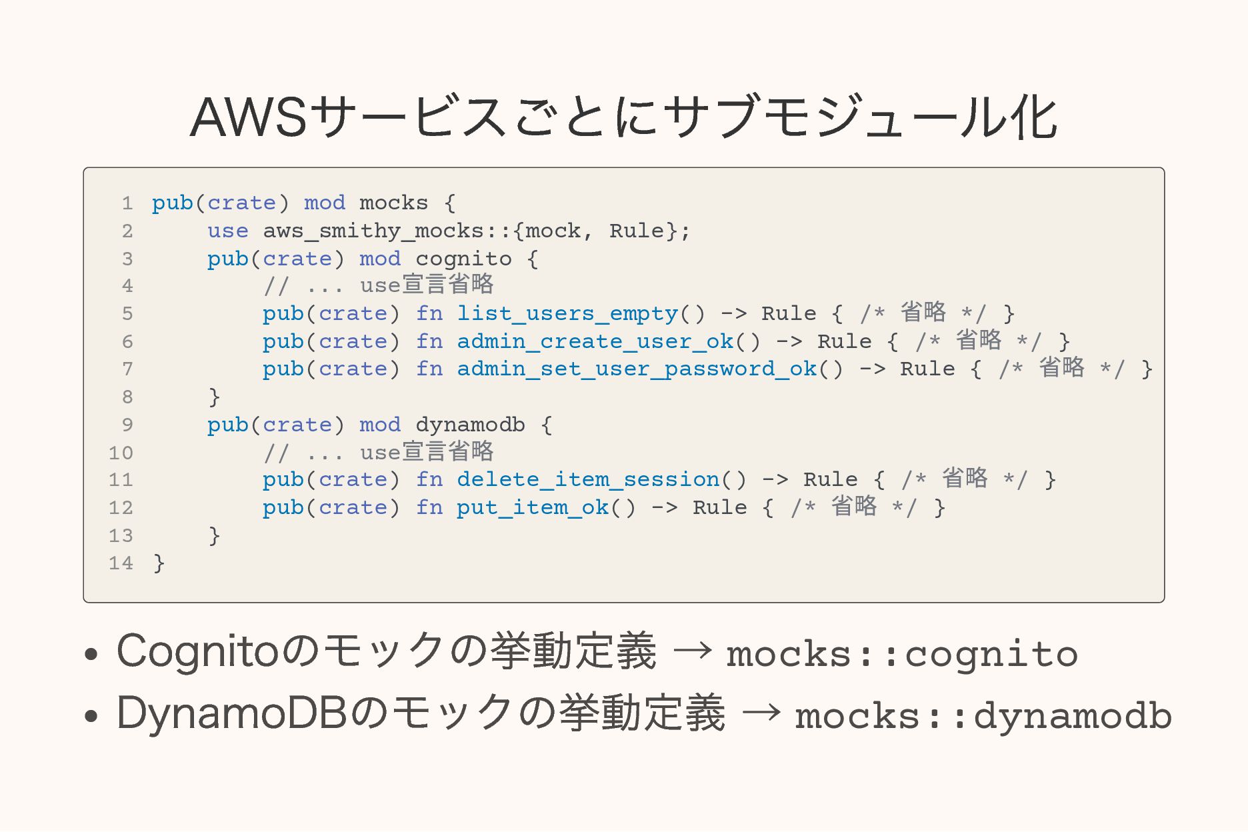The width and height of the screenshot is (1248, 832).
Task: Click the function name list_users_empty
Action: [x=567, y=313]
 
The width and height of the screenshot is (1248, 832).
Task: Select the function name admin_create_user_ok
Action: [x=595, y=341]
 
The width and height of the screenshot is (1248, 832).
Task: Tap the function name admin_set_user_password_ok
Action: [x=637, y=369]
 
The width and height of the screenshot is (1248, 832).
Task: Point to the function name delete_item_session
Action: [x=588, y=479]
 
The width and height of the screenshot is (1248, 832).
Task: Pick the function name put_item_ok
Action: [x=532, y=507]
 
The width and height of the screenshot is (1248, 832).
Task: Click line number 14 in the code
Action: [x=121, y=563]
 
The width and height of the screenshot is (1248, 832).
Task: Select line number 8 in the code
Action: [x=127, y=397]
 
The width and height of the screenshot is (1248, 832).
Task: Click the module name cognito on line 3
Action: [x=463, y=259]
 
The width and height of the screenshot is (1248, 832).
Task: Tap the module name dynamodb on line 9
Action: [x=470, y=425]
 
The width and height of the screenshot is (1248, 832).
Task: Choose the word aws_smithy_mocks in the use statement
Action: [x=373, y=231]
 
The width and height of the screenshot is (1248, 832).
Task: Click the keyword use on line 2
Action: [x=227, y=231]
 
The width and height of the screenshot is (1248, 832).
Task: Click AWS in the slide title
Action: [x=248, y=118]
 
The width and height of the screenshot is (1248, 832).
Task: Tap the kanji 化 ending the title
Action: [x=1033, y=118]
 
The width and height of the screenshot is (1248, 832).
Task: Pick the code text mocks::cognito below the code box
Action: [x=901, y=654]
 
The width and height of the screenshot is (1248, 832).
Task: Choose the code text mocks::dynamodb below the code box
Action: [x=983, y=716]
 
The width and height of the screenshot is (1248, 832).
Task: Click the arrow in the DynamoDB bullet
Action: [x=761, y=713]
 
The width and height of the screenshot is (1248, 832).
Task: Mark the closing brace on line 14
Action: [x=159, y=563]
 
